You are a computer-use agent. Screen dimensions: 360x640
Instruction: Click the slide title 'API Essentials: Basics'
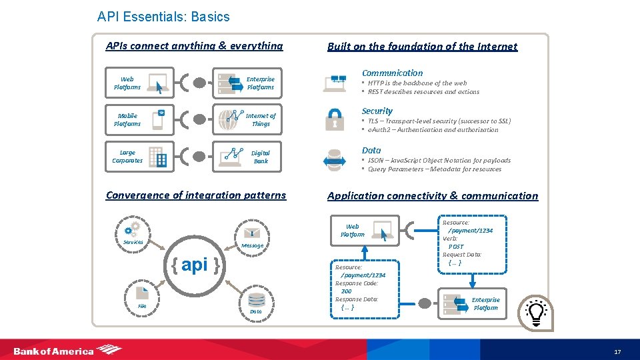[x=163, y=17]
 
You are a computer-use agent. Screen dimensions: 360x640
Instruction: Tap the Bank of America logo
[x=67, y=350]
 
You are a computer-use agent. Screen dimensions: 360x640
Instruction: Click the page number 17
[x=617, y=351]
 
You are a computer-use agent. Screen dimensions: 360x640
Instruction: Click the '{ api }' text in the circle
[x=195, y=265]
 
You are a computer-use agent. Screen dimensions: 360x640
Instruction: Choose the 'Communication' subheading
[x=392, y=73]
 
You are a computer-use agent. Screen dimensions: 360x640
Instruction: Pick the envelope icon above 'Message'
[x=252, y=233]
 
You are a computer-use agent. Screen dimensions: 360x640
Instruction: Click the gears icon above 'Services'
[x=133, y=229]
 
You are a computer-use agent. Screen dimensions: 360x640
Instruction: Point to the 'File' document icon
[x=142, y=293]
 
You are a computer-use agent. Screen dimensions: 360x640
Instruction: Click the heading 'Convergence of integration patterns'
[x=196, y=195]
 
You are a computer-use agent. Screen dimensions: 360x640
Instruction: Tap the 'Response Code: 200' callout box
[x=360, y=287]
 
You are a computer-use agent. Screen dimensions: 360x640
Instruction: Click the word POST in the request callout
[x=456, y=247]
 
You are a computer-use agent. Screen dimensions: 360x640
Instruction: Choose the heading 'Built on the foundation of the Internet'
[x=422, y=47]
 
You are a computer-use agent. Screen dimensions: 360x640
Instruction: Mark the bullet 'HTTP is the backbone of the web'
[x=417, y=83]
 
